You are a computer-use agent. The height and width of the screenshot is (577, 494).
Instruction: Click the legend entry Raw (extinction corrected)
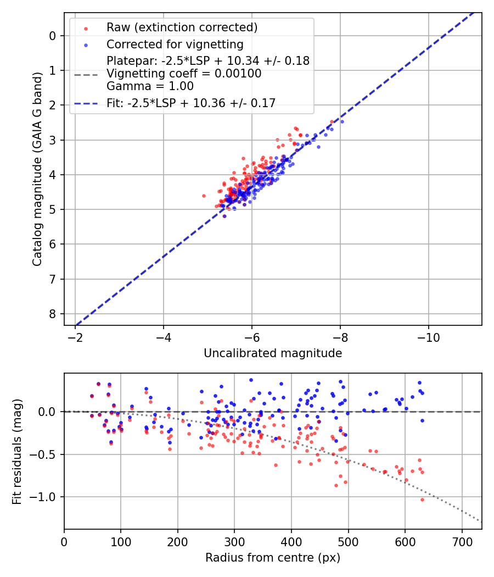pyautogui.click(x=182, y=27)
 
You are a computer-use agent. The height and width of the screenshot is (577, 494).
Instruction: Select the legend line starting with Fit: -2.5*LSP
pyautogui.click(x=191, y=103)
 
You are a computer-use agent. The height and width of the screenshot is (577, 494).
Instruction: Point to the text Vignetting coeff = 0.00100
pyautogui.click(x=184, y=74)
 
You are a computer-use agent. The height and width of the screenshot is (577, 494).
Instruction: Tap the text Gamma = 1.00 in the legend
pyautogui.click(x=150, y=86)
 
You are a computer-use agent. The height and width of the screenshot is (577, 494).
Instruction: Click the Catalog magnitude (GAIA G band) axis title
pyautogui.click(x=37, y=180)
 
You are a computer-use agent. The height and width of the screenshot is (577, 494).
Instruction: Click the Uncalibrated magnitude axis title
pyautogui.click(x=273, y=353)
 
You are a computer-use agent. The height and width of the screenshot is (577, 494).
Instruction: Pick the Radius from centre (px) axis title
pyautogui.click(x=273, y=558)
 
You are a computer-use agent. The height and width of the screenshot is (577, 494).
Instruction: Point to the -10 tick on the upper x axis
pyautogui.click(x=428, y=337)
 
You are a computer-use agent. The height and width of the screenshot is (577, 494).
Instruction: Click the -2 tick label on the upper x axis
pyautogui.click(x=76, y=337)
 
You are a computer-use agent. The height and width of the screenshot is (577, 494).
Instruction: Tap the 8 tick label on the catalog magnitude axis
pyautogui.click(x=53, y=314)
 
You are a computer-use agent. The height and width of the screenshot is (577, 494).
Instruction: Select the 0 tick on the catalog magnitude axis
pyautogui.click(x=53, y=36)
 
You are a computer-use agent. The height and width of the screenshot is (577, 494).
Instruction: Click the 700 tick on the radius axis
pyautogui.click(x=462, y=541)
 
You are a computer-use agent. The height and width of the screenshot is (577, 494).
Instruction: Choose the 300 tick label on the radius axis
pyautogui.click(x=234, y=541)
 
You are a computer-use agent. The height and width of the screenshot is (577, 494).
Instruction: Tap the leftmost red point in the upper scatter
pyautogui.click(x=204, y=196)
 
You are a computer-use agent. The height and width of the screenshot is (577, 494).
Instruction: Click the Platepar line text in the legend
pyautogui.click(x=208, y=61)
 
